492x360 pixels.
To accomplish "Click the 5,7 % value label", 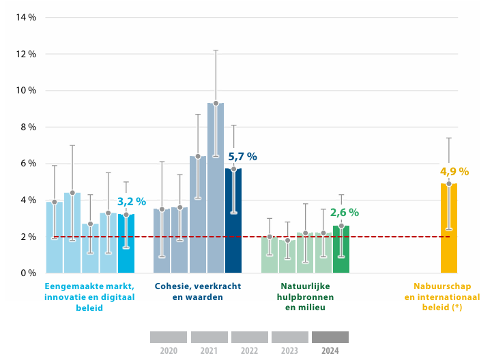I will pyautogui.click(x=242, y=157).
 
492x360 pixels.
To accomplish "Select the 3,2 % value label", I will pyautogui.click(x=132, y=202).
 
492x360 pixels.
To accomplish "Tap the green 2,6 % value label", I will pyautogui.click(x=344, y=213).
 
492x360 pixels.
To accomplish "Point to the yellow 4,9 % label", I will pyautogui.click(x=454, y=172).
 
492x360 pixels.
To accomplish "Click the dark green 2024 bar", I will pyautogui.click(x=341, y=250).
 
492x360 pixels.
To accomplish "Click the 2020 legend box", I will pyautogui.click(x=168, y=337).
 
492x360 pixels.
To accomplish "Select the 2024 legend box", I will pyautogui.click(x=330, y=337).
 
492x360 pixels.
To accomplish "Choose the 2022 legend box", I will pyautogui.click(x=249, y=337).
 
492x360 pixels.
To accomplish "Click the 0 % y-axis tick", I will pyautogui.click(x=28, y=273).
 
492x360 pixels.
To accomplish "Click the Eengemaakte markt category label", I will pyautogui.click(x=89, y=297).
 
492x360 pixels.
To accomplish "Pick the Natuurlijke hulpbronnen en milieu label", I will pyautogui.click(x=304, y=297).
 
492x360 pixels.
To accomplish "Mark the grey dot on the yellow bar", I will pyautogui.click(x=449, y=183).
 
